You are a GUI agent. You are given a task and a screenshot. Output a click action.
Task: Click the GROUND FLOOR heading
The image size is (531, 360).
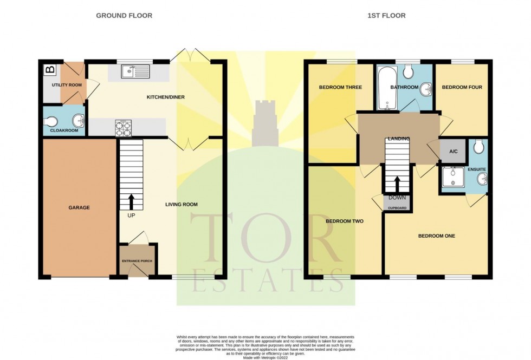coord(124,16)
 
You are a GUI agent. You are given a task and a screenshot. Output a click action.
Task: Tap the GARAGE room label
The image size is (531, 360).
coord(79,207)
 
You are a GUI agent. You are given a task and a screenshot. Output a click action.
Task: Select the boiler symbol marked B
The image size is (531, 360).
coord(49,69)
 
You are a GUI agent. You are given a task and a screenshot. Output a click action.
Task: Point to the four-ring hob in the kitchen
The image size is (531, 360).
coord(122,128)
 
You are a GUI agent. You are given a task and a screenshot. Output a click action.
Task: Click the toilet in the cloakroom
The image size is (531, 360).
coord(52,121)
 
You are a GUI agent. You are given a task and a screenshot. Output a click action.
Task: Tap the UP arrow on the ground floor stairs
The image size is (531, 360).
coord(131,202)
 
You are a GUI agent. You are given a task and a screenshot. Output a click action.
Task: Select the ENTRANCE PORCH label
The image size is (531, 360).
coord(137,261)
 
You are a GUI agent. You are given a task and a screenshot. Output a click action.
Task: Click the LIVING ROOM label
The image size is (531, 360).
coord(182,205)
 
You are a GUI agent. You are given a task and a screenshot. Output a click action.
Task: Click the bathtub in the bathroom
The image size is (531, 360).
coord(387,88)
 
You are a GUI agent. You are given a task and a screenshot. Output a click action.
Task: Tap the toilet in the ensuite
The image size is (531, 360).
coord(478,147)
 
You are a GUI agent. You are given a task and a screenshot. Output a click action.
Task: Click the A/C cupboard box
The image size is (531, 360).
coord(452,152)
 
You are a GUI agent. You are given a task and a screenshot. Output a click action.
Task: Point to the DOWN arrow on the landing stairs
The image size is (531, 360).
coord(397,185)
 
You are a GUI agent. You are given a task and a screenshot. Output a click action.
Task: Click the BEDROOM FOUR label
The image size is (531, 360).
coord(462,87)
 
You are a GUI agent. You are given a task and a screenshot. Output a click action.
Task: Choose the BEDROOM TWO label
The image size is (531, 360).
coord(344,221)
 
